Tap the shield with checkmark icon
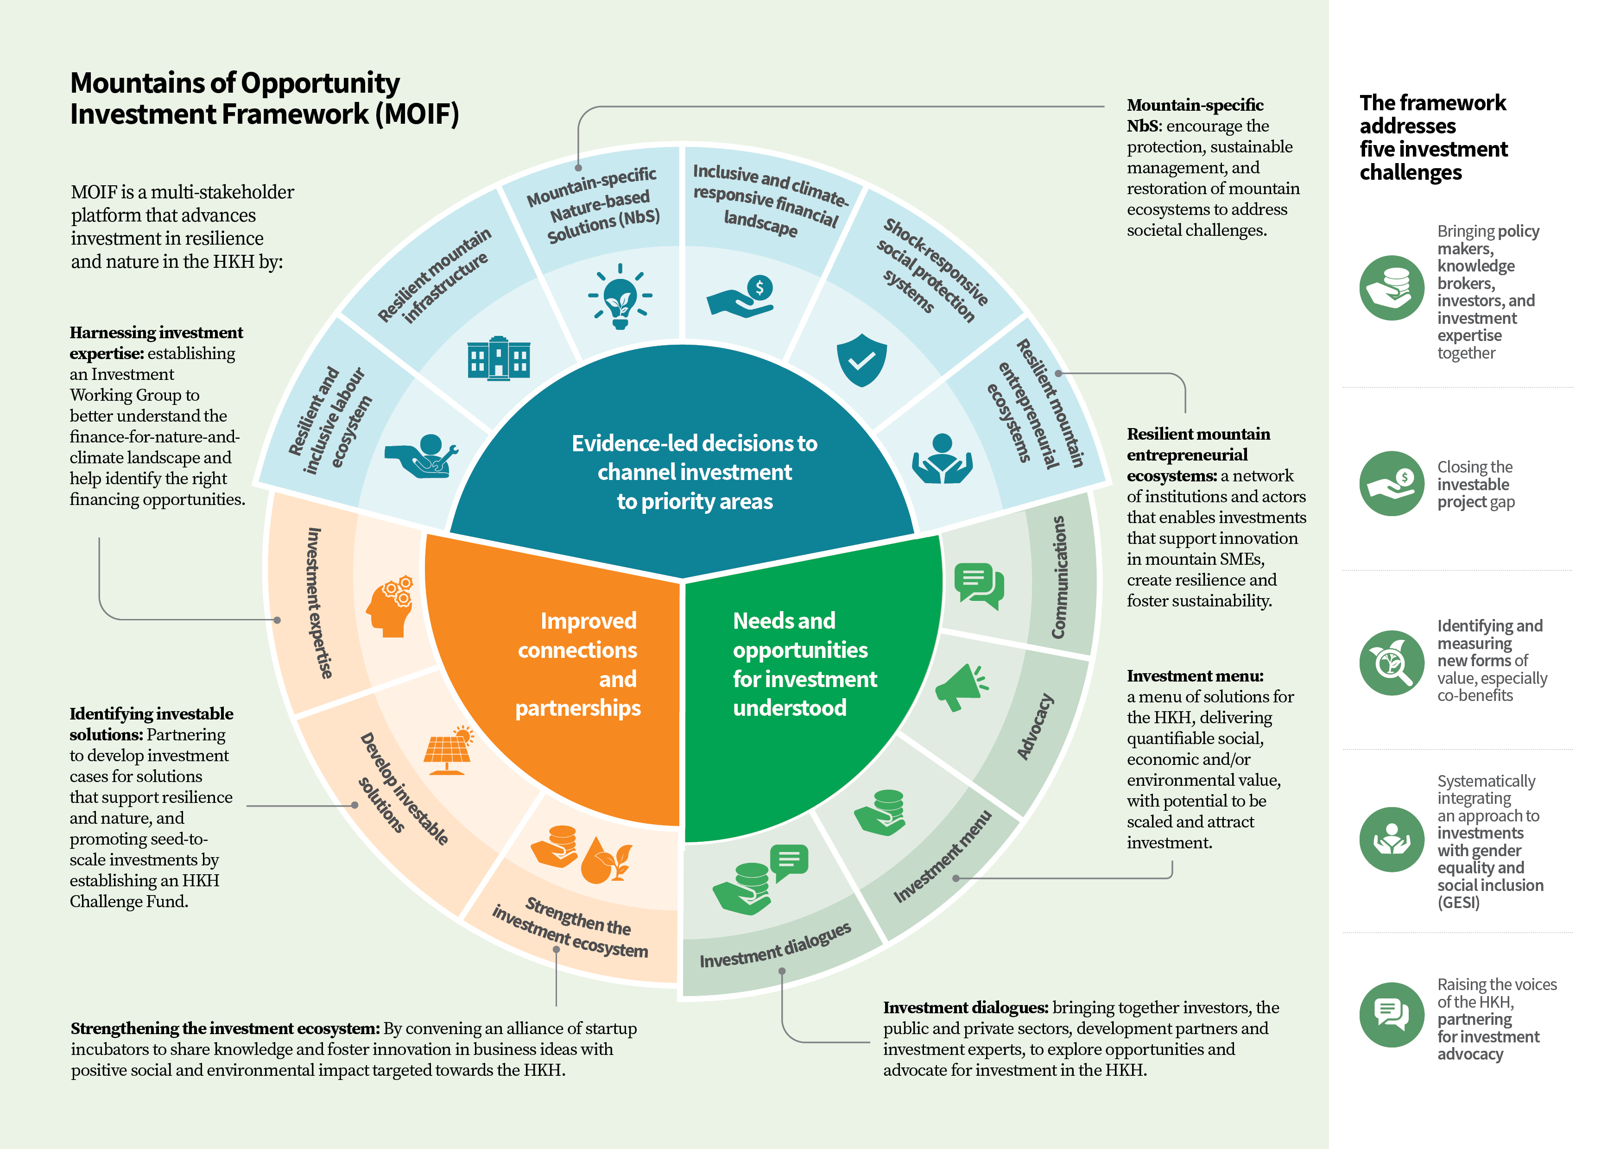coord(861,360)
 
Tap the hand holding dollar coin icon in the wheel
coord(740,296)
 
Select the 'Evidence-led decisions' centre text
coord(694,472)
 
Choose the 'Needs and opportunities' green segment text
coord(804,663)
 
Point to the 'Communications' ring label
coord(1058,577)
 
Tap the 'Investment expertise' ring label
coord(319,603)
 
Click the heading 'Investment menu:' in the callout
coord(1195,676)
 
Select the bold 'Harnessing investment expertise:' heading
coord(156,342)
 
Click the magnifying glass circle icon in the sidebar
coord(1392,663)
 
